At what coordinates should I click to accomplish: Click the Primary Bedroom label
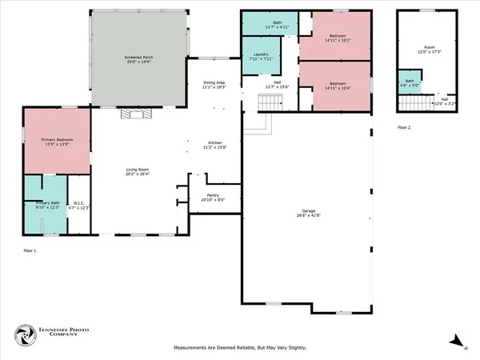57,142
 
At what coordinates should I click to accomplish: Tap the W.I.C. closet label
78,206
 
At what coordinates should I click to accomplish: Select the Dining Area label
214,84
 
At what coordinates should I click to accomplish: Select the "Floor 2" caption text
405,127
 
